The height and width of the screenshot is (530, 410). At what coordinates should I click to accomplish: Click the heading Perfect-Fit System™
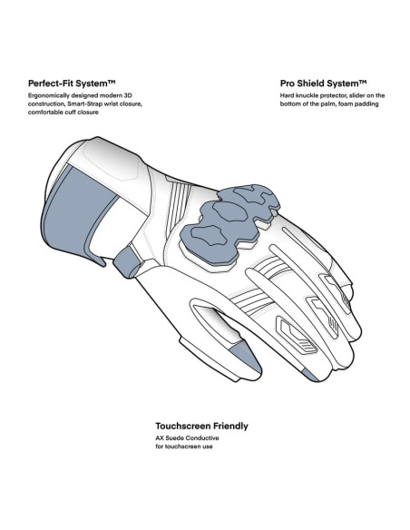click(72, 83)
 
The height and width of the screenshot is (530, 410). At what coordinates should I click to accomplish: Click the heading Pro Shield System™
click(323, 83)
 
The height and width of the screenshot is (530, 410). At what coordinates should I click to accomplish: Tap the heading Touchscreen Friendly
click(201, 426)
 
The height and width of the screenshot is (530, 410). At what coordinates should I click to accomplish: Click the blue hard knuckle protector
click(229, 224)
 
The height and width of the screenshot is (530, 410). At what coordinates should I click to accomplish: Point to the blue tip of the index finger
click(310, 375)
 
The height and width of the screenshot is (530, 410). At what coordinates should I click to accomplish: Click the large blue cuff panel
click(80, 215)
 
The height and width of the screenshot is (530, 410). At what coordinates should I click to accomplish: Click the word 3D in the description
click(128, 95)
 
